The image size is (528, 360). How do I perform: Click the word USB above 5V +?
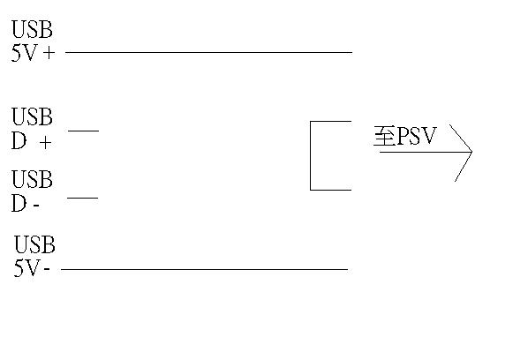coord(32,31)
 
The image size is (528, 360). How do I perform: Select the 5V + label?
coord(33,52)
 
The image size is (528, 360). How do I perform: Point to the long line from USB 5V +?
coord(208,52)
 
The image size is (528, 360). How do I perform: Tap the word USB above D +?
coord(32,117)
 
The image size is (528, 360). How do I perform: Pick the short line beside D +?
coord(83,131)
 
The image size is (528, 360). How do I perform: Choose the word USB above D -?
coord(32,181)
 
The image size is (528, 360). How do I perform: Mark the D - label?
coord(26,204)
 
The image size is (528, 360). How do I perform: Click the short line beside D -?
coord(82,198)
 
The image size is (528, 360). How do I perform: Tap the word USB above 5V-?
coord(35,245)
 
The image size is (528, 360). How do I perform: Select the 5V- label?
coord(32,268)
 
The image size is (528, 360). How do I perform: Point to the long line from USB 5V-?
coord(204,268)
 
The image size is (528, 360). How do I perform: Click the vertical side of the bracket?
coord(311,155)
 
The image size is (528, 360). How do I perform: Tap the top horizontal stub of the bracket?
coord(331,122)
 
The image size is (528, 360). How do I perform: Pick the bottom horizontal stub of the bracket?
coord(331,189)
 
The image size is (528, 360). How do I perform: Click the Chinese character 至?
coord(383,138)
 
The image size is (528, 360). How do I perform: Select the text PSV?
coord(416,138)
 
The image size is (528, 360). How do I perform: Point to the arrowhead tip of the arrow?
coord(471,152)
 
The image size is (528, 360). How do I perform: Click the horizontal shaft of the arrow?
coord(424,152)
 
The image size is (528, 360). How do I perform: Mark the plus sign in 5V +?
coord(48,53)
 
